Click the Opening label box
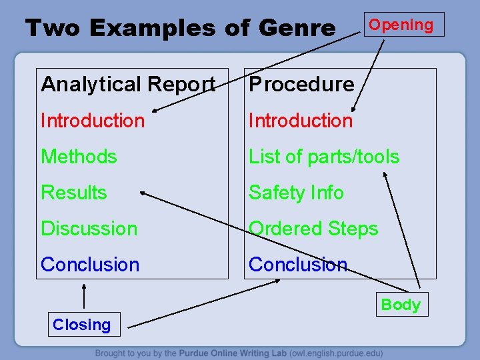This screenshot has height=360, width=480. pyautogui.click(x=401, y=25)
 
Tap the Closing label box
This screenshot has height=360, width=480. pyautogui.click(x=82, y=325)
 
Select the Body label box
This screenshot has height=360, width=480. pyautogui.click(x=401, y=305)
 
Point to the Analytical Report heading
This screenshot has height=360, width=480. pyautogui.click(x=128, y=84)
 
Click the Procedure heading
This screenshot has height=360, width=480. pyautogui.click(x=301, y=84)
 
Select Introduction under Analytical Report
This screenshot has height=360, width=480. pyautogui.click(x=93, y=121)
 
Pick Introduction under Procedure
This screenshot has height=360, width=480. pyautogui.click(x=301, y=121)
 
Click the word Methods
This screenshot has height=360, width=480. pyautogui.click(x=79, y=157)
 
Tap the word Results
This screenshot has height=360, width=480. pyautogui.click(x=74, y=193)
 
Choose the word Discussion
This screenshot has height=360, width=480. pyautogui.click(x=89, y=229)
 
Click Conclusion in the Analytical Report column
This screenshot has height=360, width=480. pyautogui.click(x=90, y=265)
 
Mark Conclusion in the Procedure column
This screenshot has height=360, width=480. pyautogui.click(x=298, y=265)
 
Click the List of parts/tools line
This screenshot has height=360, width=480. pyautogui.click(x=324, y=157)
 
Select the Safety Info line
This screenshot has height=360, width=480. pyautogui.click(x=296, y=193)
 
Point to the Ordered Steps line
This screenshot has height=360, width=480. pyautogui.click(x=313, y=229)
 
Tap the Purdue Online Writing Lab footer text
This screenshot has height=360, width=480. pyautogui.click(x=239, y=353)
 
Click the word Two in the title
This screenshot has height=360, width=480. pyautogui.click(x=53, y=28)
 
